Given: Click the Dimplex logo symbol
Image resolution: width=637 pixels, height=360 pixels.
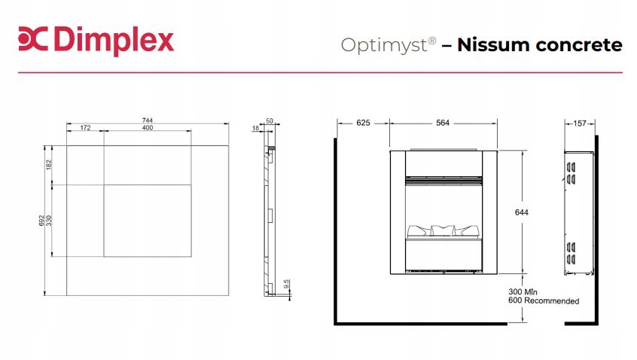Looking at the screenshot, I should pos(32,41).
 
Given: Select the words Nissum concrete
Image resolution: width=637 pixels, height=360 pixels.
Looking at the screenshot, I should pos(540,44).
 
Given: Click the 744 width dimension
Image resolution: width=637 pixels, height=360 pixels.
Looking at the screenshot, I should pos(148,120).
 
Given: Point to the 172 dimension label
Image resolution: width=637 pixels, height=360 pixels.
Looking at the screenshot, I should pos(85,128).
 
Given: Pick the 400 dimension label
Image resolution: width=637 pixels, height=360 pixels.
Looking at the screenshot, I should pos(147,128).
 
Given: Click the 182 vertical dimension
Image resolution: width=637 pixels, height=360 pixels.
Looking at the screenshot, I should pos(49,164).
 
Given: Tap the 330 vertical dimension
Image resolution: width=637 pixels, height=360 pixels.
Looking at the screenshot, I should pos(49,221).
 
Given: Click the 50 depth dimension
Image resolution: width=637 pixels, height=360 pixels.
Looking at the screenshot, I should pos(269,121).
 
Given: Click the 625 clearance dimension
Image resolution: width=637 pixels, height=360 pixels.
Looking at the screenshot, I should pos(363,123).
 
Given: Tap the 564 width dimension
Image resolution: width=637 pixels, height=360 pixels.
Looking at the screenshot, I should pos(443,123).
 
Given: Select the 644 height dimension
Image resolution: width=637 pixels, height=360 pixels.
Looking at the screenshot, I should pos(522,212).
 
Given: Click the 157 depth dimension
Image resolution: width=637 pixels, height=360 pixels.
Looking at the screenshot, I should pos(580,123).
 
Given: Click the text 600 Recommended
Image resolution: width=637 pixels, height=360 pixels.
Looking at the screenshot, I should pos(544,301).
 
